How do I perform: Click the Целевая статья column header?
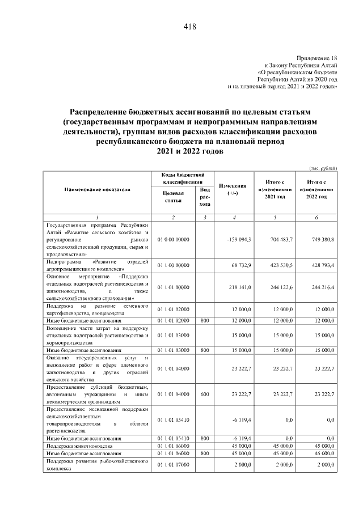click(x=173, y=196)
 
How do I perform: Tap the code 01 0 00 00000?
click(x=173, y=240)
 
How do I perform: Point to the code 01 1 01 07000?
click(x=173, y=465)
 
